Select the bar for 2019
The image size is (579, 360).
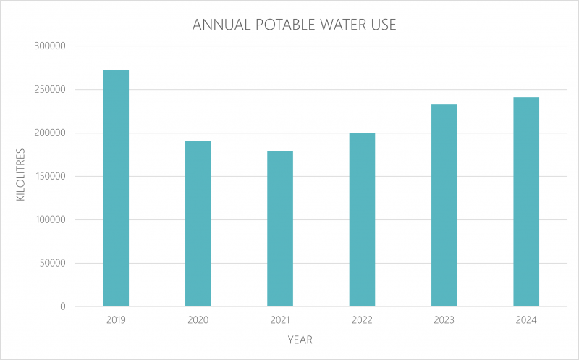(x=116, y=188)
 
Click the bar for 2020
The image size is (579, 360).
(x=198, y=223)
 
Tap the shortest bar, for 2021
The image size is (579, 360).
(x=280, y=228)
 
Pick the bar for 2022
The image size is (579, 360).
(x=362, y=219)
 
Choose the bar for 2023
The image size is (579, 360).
(x=444, y=205)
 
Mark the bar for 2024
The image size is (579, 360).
(x=526, y=201)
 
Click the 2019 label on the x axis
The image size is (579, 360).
(x=116, y=320)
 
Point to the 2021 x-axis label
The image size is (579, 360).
(x=280, y=320)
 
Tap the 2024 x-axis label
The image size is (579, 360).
(x=526, y=320)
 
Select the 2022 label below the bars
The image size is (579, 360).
(x=362, y=320)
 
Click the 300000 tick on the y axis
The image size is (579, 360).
(x=51, y=46)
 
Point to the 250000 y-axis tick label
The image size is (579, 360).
(x=51, y=90)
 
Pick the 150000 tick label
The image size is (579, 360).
(x=51, y=177)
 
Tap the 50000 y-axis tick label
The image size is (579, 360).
(x=53, y=264)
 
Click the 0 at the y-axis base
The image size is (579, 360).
(x=63, y=307)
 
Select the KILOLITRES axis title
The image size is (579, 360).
(x=21, y=176)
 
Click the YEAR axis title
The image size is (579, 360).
(x=300, y=339)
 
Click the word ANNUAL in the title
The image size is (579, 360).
(x=219, y=25)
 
